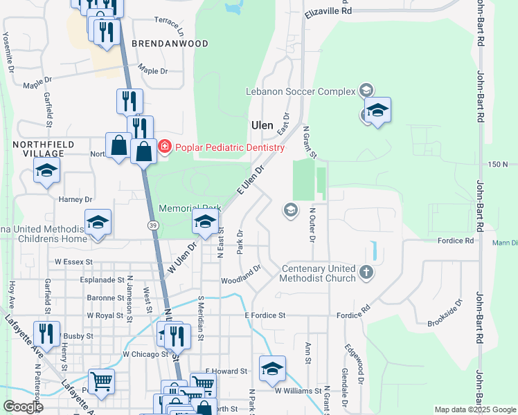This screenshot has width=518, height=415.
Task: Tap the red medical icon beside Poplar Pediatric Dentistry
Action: (164, 147)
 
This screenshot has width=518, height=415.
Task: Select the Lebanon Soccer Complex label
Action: (301, 91)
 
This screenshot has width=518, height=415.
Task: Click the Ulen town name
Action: (262, 125)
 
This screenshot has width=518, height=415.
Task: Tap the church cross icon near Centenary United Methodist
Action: (366, 273)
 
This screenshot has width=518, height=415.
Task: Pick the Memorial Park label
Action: (190, 208)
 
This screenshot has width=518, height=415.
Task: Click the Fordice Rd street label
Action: (455, 241)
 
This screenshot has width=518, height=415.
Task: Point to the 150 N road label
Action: (498, 165)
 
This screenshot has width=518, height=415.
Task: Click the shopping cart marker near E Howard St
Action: (202, 382)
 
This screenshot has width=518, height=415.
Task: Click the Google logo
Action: (23, 407)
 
